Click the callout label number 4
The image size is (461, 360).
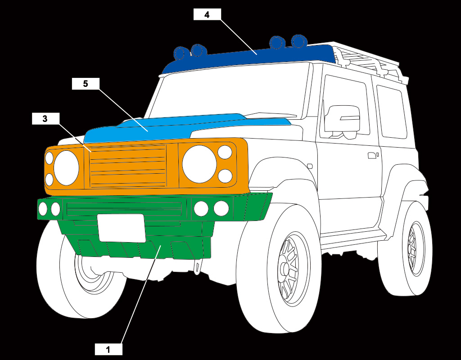point(207,14)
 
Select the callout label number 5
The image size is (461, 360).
point(86,83)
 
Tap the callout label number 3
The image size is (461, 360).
point(45,119)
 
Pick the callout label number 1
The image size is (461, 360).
point(108,349)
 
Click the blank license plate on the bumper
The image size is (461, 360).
point(121,228)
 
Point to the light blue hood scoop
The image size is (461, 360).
point(180,126)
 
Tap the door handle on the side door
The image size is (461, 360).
point(372,156)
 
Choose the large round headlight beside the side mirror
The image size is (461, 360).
point(199,164)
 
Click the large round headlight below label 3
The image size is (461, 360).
point(66,168)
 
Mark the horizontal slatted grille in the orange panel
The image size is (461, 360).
point(128,166)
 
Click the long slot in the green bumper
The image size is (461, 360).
point(124,208)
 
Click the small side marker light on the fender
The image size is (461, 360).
point(310,166)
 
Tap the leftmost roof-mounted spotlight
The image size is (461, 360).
point(180,53)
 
